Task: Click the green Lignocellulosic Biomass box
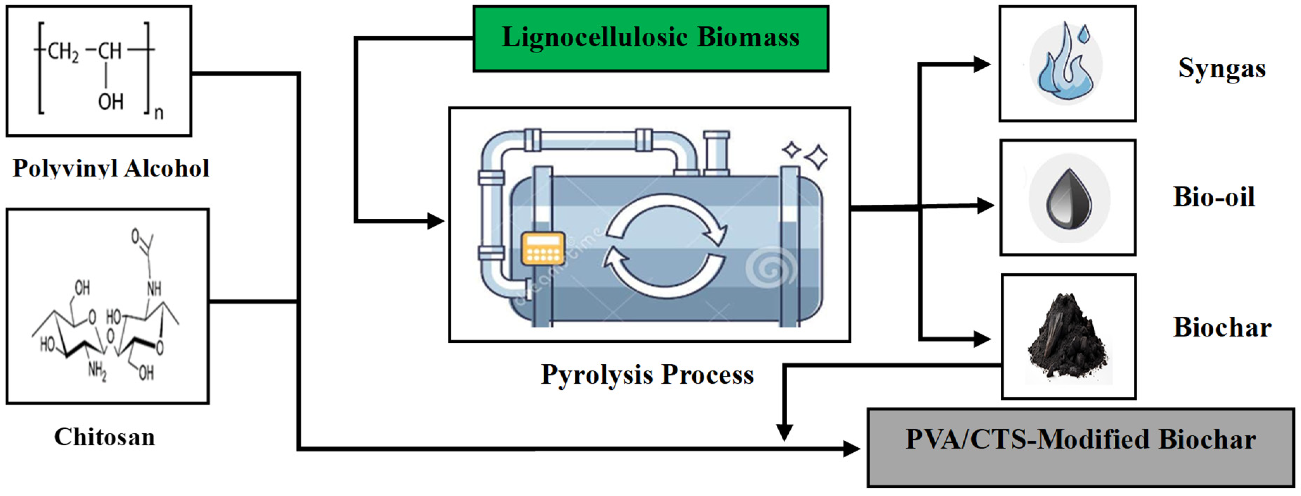[651, 38]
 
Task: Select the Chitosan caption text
[105, 437]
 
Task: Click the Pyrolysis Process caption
[647, 375]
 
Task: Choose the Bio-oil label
[1214, 197]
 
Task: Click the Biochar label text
[1222, 327]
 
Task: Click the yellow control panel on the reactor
[543, 248]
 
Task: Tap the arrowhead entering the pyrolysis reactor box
[435, 221]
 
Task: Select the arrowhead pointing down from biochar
[784, 432]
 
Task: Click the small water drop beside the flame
[1084, 34]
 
